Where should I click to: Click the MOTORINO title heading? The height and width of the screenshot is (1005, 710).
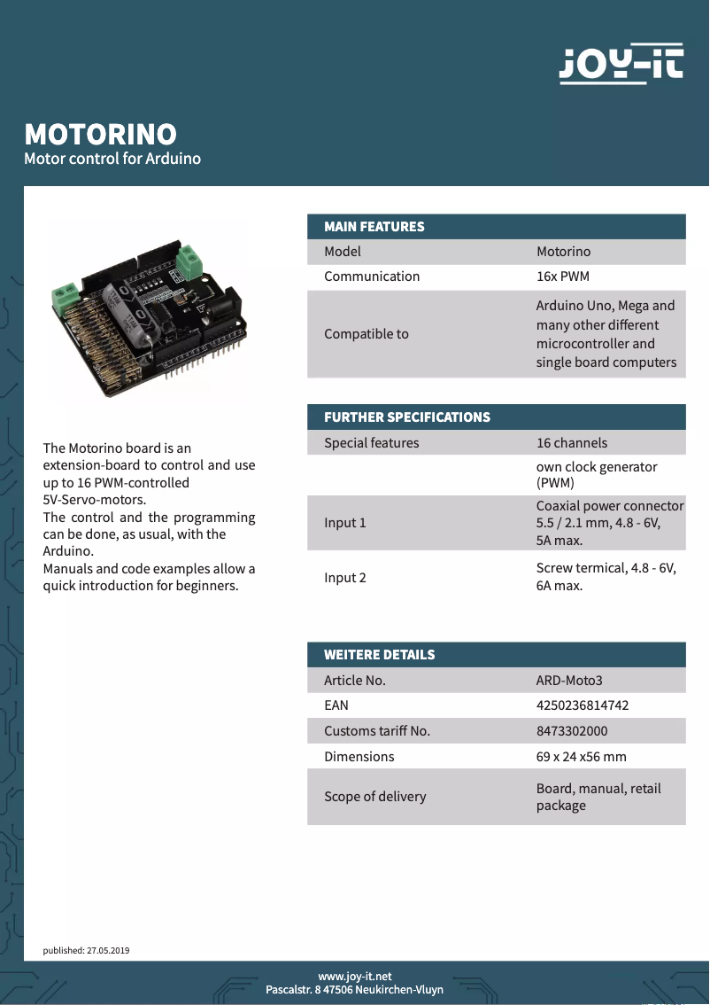point(100,134)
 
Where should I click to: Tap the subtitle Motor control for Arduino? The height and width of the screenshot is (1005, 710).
point(112,159)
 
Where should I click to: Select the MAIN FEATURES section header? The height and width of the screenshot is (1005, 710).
point(374,227)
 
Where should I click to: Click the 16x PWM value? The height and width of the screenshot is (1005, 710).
point(563,277)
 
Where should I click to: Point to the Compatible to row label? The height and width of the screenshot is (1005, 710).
point(367,334)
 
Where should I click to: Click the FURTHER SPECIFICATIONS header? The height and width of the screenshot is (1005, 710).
point(407,417)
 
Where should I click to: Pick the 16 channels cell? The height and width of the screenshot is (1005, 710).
point(572,443)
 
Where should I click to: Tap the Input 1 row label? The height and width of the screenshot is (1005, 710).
point(345,523)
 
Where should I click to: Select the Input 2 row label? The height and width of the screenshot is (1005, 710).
point(345,578)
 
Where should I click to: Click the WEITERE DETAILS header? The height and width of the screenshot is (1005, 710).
point(380,655)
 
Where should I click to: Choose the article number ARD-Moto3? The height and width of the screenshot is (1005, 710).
point(569,681)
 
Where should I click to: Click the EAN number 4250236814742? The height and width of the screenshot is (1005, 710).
point(583,705)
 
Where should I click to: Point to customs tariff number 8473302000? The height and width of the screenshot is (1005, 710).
point(572,731)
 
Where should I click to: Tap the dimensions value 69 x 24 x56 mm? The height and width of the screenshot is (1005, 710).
point(581,757)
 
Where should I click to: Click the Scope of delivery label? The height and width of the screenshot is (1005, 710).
point(375,797)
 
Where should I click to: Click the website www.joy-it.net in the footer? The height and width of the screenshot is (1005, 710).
point(355,976)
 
